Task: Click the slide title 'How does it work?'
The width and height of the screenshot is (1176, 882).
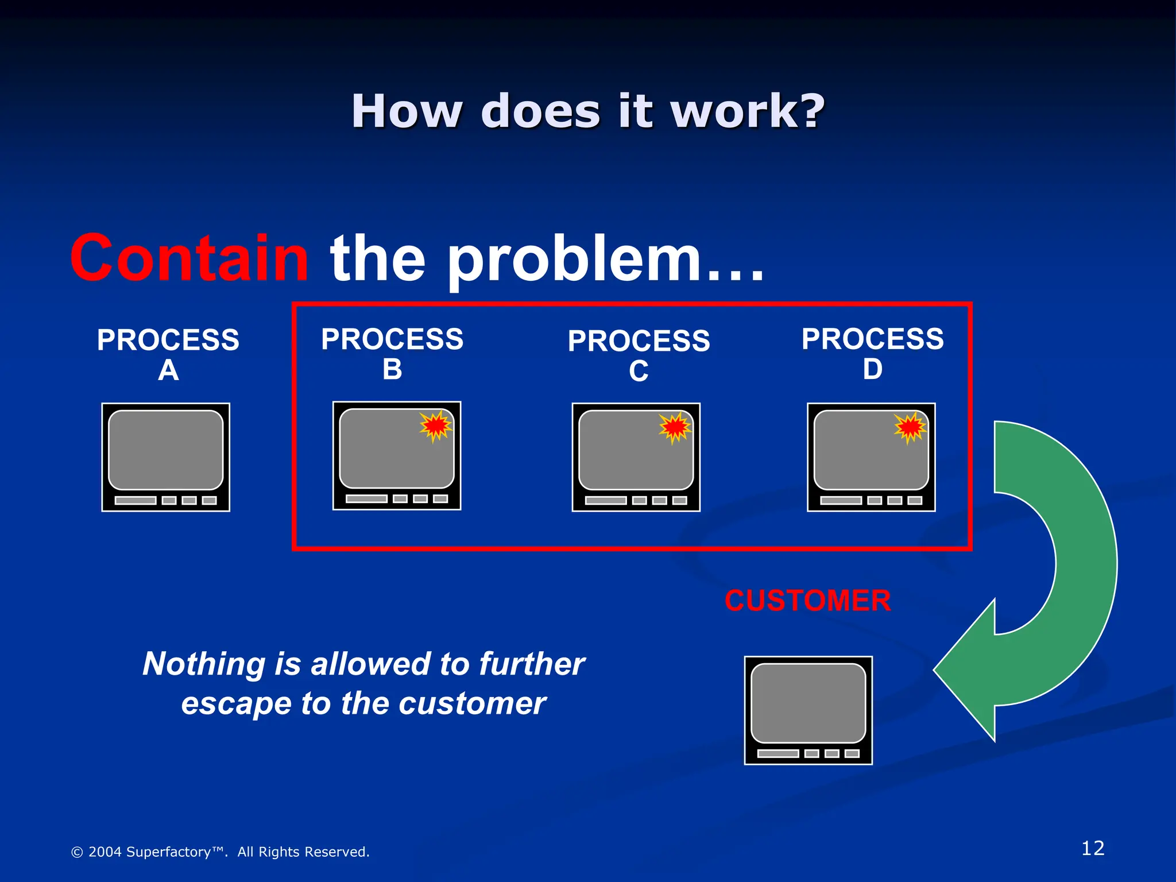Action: (588, 111)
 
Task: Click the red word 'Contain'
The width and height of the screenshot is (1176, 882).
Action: (189, 258)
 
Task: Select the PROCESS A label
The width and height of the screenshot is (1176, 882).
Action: (168, 354)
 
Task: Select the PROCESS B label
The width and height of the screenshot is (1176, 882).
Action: (392, 353)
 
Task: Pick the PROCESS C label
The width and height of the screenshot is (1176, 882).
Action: (639, 355)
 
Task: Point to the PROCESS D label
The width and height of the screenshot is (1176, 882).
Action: (872, 353)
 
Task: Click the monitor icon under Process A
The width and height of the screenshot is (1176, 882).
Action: (166, 457)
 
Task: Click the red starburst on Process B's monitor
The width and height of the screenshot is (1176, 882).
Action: (435, 425)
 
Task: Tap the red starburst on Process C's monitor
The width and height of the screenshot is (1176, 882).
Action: (675, 427)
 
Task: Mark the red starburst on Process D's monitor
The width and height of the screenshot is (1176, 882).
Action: (910, 427)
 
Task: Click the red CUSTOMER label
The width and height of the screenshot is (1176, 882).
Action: (807, 601)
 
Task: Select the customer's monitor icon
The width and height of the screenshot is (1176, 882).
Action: (808, 710)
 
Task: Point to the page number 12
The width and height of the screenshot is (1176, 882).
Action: (1092, 848)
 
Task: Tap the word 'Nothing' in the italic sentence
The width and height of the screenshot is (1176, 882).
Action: (204, 664)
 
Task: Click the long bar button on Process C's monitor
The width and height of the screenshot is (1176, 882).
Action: (606, 500)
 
